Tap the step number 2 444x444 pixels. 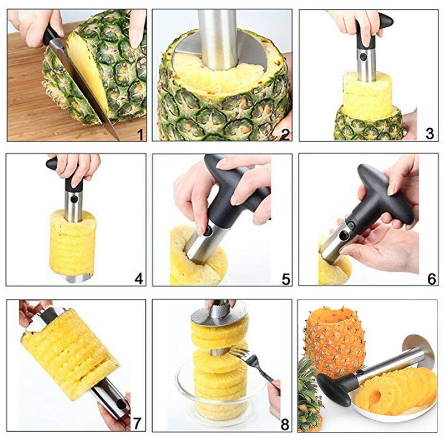pyautogui.click(x=285, y=133)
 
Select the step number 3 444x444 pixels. pyautogui.click(x=430, y=133)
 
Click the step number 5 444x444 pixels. pyautogui.click(x=285, y=279)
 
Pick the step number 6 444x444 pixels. pyautogui.click(x=431, y=279)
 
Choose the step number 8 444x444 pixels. pyautogui.click(x=285, y=425)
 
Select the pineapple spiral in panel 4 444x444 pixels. pyautogui.click(x=72, y=241)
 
